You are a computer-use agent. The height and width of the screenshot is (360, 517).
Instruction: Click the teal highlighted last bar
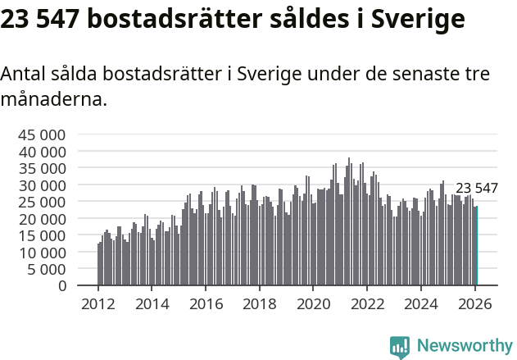click(476, 246)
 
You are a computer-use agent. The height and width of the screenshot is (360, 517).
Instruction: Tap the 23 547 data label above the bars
click(476, 189)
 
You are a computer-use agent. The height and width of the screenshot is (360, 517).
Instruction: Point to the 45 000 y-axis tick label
click(39, 134)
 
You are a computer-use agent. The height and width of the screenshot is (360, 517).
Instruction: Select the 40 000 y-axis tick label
click(39, 152)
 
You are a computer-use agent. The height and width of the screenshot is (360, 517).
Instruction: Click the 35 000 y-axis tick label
click(39, 168)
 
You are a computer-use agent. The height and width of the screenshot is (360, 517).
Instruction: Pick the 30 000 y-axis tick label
click(39, 185)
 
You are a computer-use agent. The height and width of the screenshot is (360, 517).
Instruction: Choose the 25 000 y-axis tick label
click(39, 202)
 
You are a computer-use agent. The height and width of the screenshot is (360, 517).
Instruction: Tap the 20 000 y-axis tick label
click(39, 219)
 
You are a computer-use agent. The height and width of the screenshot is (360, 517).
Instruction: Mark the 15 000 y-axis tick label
click(39, 235)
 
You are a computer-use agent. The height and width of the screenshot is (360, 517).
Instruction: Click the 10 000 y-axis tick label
click(39, 253)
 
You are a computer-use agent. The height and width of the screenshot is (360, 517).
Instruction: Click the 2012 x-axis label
click(98, 303)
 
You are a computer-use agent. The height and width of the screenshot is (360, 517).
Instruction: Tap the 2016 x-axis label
click(206, 303)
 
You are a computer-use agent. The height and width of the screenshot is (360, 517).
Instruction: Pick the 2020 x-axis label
click(313, 303)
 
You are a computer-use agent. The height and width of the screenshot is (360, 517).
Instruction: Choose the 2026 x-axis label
click(474, 303)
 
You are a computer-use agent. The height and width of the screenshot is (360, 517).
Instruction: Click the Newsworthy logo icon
click(400, 347)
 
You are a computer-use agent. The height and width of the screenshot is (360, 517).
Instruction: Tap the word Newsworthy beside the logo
click(464, 347)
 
